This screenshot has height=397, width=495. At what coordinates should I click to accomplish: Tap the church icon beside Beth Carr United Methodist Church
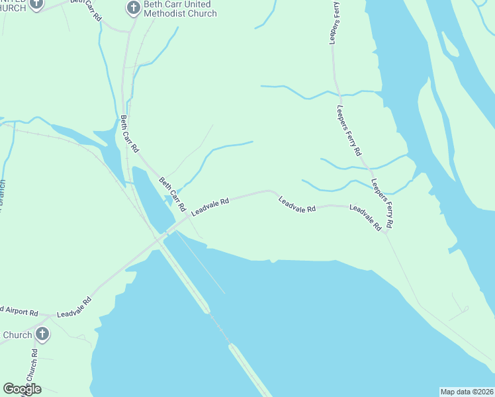pos(132,9)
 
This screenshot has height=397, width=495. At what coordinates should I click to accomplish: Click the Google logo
pos(22,388)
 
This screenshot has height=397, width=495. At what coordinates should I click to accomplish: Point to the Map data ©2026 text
pos(467,392)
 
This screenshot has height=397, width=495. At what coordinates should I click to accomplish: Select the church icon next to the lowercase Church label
pos(42,333)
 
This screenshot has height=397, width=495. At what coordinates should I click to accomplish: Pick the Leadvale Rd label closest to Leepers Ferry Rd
pos(366,218)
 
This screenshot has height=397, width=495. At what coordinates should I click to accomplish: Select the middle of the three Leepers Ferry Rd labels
pos(349,130)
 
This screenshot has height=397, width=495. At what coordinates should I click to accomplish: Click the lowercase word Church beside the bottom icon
pos(17,335)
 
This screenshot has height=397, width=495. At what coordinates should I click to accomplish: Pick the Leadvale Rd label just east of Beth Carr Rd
pos(210,206)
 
